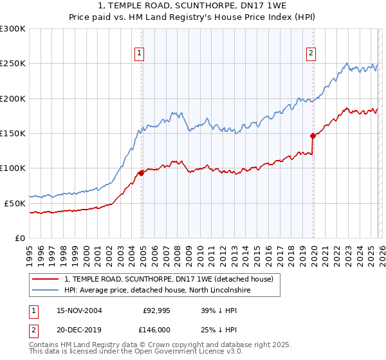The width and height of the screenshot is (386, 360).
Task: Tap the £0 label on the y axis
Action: (x=20, y=238)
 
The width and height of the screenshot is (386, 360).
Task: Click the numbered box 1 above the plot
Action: (x=139, y=53)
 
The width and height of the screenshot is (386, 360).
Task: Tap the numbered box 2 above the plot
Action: (x=311, y=53)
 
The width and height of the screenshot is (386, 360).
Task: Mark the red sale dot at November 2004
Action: (x=142, y=173)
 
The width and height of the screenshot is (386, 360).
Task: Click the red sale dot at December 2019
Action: (x=313, y=136)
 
